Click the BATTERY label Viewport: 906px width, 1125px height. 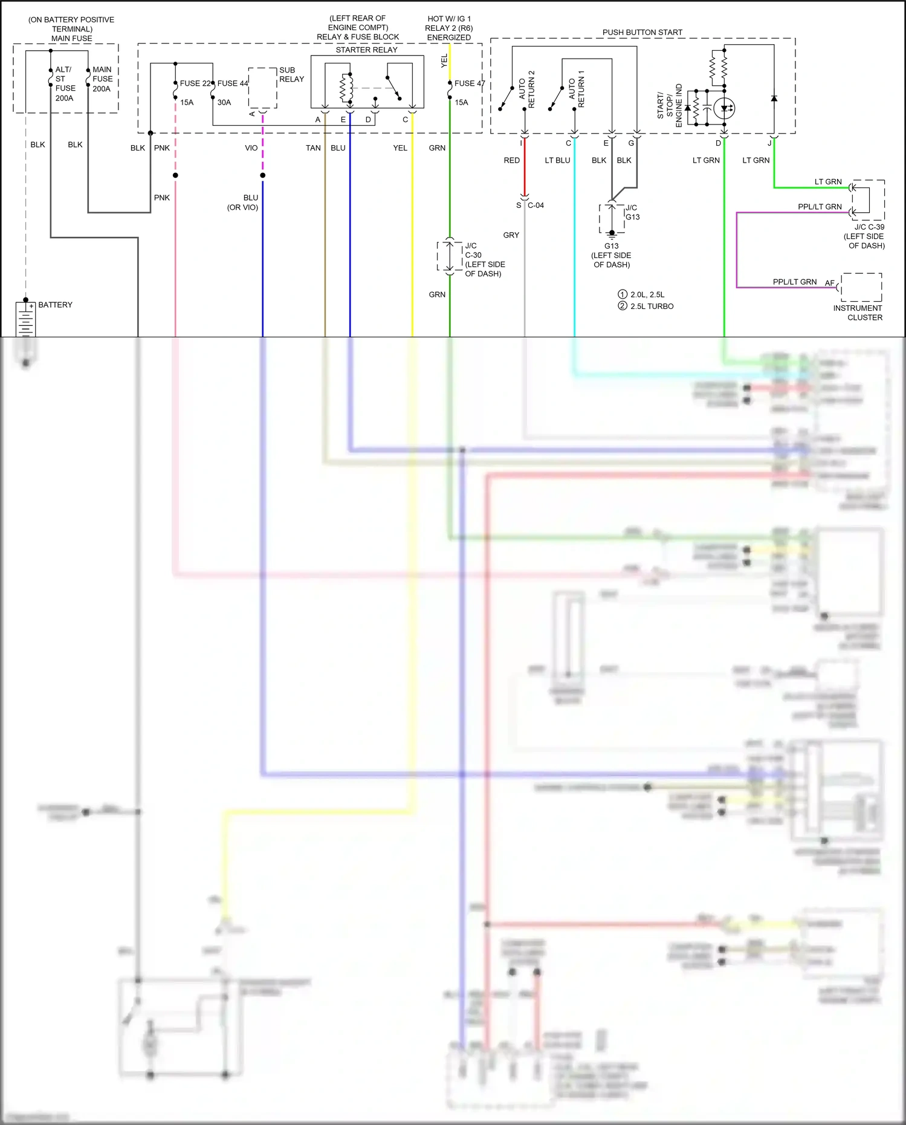tap(55, 305)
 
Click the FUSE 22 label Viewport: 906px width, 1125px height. tap(195, 83)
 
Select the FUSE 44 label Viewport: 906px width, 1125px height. tap(233, 83)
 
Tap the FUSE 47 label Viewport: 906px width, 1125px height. tap(470, 83)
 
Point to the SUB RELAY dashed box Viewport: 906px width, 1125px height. tap(262, 88)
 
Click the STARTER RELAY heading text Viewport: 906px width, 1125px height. tap(366, 50)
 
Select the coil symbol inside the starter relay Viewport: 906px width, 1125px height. tap(346, 88)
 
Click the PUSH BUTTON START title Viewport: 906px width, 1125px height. tap(642, 32)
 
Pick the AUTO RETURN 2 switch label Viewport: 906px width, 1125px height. tap(526, 89)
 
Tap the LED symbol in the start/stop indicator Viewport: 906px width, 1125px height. tap(724, 109)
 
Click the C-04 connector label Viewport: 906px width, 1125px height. tap(536, 206)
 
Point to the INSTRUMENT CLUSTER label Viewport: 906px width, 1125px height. tap(858, 313)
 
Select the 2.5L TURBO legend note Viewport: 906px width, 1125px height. tap(651, 306)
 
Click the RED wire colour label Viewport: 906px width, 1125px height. tap(511, 160)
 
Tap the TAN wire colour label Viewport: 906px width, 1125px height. tap(313, 148)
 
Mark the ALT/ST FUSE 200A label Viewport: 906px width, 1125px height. tap(65, 84)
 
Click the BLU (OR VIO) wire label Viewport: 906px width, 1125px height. tap(243, 203)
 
